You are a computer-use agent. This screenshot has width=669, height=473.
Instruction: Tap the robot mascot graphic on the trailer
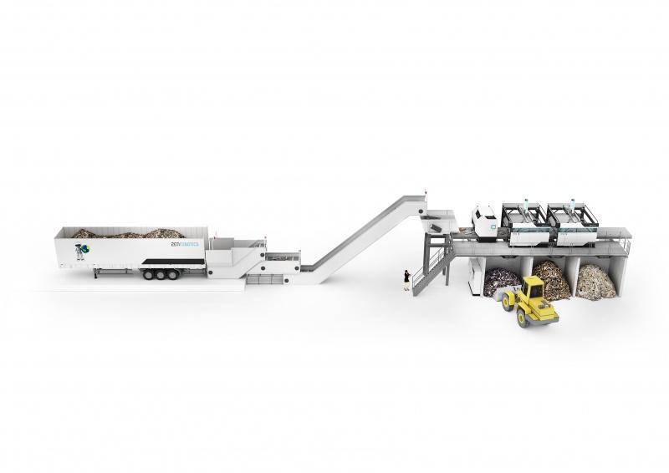[x=81, y=251]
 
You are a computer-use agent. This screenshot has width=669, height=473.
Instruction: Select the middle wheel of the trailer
[x=159, y=273]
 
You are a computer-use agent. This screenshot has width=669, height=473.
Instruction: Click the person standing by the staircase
[x=406, y=279]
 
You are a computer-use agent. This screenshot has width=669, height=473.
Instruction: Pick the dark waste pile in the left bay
[x=500, y=281]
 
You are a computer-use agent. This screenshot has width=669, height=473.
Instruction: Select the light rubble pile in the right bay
[x=595, y=282]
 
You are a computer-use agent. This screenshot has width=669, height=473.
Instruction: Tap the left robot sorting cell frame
[x=524, y=223]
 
